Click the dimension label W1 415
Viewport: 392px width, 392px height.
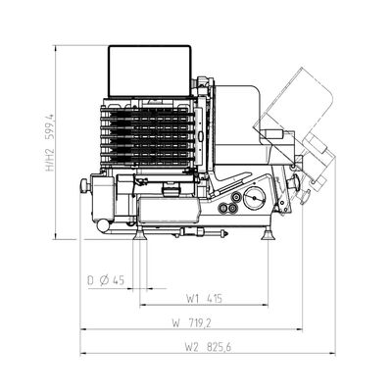point(204,298)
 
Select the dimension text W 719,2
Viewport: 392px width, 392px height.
point(192,323)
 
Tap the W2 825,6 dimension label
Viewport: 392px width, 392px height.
point(208,347)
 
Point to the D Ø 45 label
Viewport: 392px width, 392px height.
point(106,280)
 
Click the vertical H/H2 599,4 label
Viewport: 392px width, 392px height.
point(49,143)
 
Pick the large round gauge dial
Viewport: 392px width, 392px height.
point(254,198)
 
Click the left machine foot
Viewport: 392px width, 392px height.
point(141,234)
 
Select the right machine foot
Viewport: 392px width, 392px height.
point(268,234)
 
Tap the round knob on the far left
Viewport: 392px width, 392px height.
point(85,185)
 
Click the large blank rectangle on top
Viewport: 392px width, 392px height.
point(150,71)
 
